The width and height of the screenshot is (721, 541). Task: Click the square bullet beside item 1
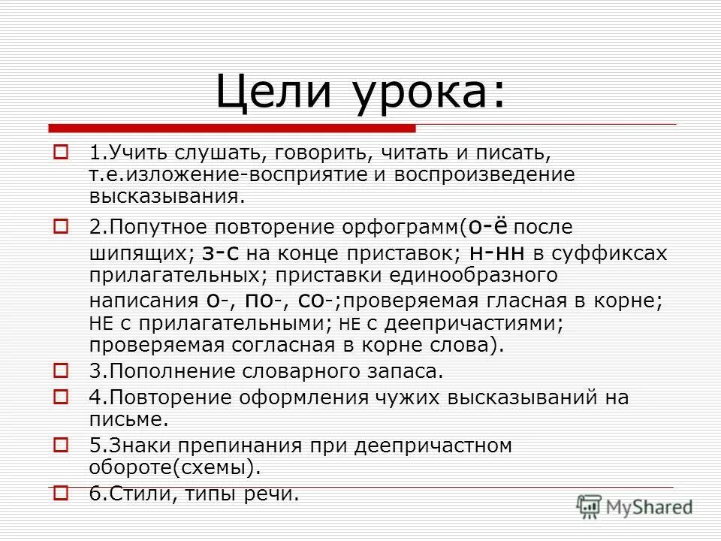62,153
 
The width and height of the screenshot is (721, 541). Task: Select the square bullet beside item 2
62,224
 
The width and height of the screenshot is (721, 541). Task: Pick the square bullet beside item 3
62,370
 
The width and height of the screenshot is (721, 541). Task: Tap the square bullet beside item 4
62,395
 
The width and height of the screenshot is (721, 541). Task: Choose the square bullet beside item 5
62,444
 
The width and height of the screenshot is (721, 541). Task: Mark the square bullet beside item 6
62,493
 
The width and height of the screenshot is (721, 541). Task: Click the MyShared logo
635,506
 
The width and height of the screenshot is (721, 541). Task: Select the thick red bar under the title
233,127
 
